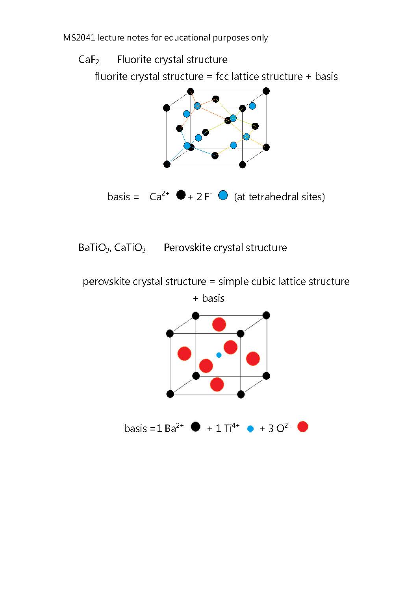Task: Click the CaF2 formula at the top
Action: [x=89, y=60]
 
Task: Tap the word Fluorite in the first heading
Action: [x=134, y=59]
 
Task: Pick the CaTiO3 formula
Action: [x=130, y=248]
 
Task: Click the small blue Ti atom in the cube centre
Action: [x=219, y=355]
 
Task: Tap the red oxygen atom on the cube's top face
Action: [x=219, y=325]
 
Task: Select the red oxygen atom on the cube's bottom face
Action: [x=217, y=384]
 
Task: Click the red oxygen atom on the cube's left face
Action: [x=184, y=353]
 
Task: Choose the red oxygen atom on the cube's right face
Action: [x=253, y=358]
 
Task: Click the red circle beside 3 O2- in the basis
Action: [x=302, y=427]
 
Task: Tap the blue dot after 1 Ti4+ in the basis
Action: [x=250, y=429]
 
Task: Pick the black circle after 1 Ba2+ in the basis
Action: [x=195, y=427]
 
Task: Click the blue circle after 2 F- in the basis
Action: [x=223, y=195]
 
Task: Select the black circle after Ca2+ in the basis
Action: [x=181, y=195]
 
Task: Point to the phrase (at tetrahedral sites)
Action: [x=279, y=197]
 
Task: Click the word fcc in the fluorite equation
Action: [x=222, y=76]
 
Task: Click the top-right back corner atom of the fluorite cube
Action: [x=266, y=91]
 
